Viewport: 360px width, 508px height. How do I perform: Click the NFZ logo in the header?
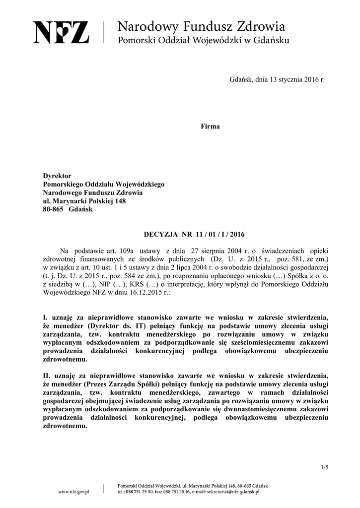click(x=62, y=32)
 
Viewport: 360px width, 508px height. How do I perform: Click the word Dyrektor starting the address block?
click(x=57, y=176)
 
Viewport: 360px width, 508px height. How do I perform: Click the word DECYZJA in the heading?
click(x=160, y=234)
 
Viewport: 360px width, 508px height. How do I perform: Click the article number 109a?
click(x=130, y=250)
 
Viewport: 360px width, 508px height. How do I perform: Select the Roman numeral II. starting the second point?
click(x=46, y=376)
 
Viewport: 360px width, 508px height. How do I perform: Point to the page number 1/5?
click(x=325, y=467)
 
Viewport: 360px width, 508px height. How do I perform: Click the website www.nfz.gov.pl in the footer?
click(x=73, y=492)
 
